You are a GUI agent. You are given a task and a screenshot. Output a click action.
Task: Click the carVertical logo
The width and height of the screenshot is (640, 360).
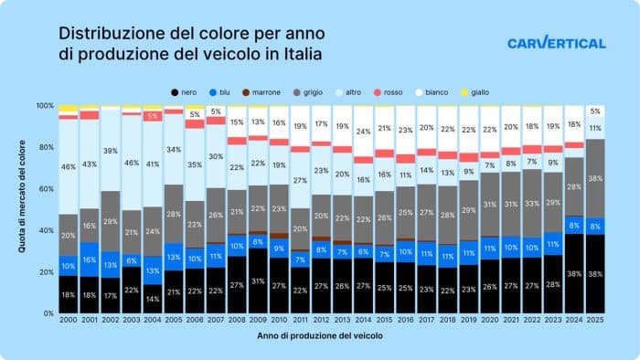[556, 43]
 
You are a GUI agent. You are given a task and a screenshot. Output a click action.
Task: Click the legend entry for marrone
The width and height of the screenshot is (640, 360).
[260, 92]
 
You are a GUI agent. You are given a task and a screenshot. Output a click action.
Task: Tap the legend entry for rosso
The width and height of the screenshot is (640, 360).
[388, 92]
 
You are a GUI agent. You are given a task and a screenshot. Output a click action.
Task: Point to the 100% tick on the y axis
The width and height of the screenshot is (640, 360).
[45, 106]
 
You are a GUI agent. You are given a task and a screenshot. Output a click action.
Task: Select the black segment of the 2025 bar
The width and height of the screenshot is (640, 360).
[595, 274]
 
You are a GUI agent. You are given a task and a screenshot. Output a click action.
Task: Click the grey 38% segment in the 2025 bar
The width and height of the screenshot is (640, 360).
[595, 178]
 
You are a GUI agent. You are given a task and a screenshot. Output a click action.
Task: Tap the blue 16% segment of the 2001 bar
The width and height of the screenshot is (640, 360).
[90, 259]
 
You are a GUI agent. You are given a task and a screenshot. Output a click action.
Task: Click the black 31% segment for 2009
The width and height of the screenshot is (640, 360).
[258, 281]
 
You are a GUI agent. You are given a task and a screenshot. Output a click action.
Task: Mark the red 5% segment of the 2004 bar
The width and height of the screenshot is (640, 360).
[153, 116]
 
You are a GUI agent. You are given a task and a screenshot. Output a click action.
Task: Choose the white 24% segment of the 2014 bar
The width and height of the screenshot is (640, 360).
[364, 132]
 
